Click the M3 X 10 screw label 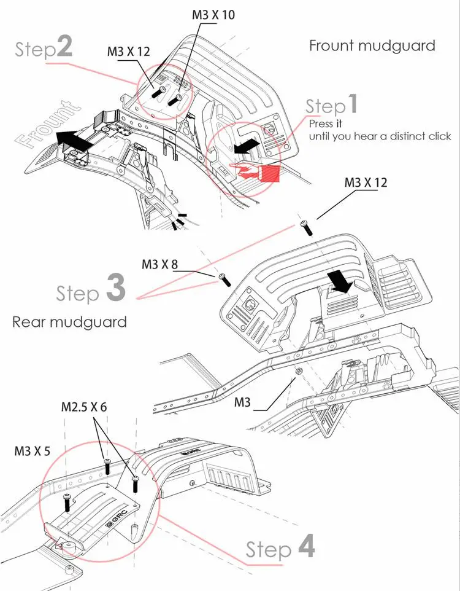(213, 15)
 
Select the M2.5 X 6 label (84, 407)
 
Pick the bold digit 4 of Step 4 (306, 546)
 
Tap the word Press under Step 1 (320, 123)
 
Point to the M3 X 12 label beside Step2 (128, 52)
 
